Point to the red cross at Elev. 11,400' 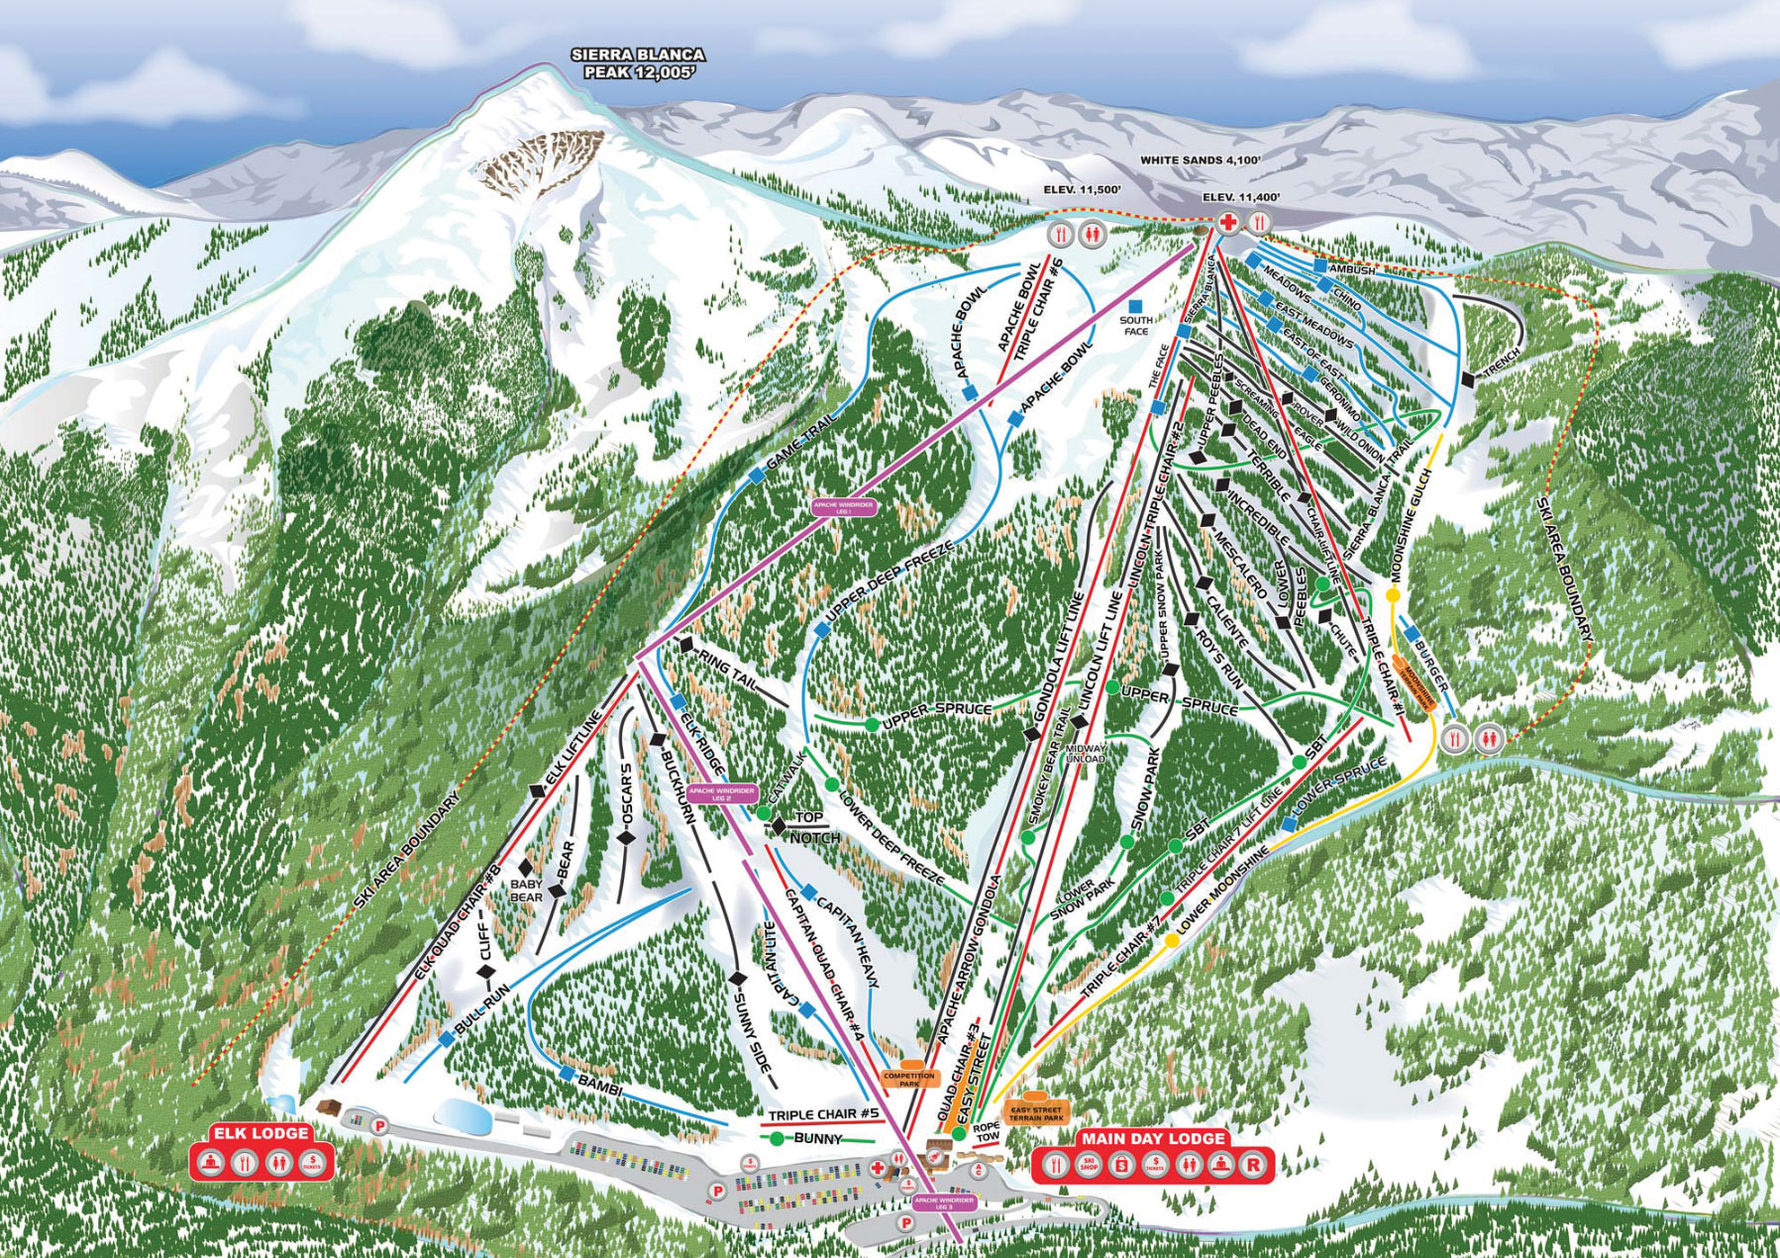tap(1227, 223)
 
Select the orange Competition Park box tap(900, 1079)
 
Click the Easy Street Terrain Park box tap(1033, 1113)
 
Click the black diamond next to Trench tap(1466, 377)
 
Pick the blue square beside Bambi tap(567, 1073)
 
